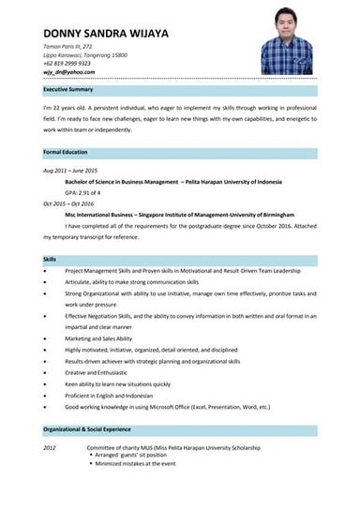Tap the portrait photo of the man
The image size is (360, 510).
click(x=292, y=38)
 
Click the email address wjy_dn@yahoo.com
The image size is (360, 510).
click(x=69, y=71)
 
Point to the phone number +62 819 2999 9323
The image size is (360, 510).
click(x=67, y=63)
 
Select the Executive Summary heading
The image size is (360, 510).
click(x=68, y=89)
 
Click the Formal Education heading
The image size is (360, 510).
click(x=65, y=151)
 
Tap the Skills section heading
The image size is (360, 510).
click(x=50, y=258)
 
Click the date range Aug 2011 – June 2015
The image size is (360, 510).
click(x=70, y=172)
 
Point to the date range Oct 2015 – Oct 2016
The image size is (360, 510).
click(x=68, y=203)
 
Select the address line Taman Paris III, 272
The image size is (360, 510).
click(x=68, y=46)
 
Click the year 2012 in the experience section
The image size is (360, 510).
click(x=51, y=448)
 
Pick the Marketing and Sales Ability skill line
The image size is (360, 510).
click(x=98, y=338)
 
